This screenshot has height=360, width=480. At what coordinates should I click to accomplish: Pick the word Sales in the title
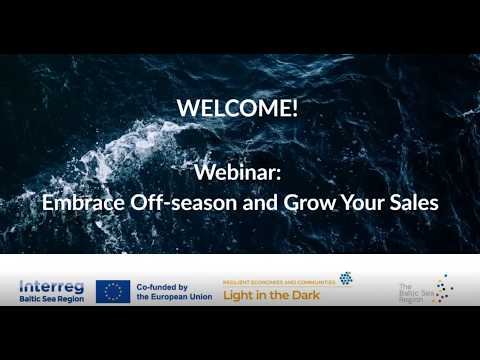412,201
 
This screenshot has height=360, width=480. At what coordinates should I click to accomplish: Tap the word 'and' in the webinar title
255,201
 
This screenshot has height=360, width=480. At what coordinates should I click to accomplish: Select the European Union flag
113,291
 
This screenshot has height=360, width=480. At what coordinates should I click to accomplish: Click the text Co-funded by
166,285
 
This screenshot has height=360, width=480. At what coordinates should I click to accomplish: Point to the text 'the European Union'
174,297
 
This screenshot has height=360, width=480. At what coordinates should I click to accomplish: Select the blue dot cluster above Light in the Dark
345,278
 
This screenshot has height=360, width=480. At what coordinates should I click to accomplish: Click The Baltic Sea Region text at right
414,291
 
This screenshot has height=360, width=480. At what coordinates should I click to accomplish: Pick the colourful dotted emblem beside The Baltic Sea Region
445,290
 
